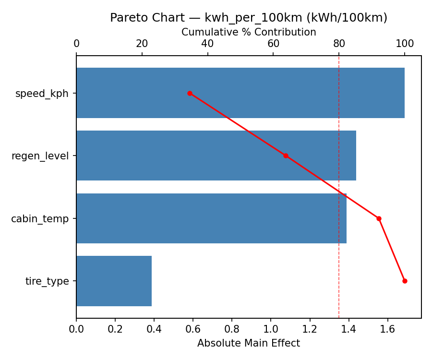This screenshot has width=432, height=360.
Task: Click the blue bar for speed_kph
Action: pyautogui.click(x=240, y=93)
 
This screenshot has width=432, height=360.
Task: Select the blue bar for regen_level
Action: pyautogui.click(x=216, y=156)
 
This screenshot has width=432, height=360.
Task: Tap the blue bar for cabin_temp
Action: pyautogui.click(x=211, y=218)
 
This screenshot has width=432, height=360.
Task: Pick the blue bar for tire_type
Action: pyautogui.click(x=114, y=281)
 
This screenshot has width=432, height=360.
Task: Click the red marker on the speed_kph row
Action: pyautogui.click(x=190, y=93)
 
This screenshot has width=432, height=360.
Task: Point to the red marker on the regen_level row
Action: pyautogui.click(x=286, y=156)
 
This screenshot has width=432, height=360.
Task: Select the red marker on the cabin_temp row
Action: pyautogui.click(x=379, y=218)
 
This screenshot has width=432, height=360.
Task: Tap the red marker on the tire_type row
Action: pyautogui.click(x=405, y=281)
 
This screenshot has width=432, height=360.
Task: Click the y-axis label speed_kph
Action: pyautogui.click(x=42, y=94)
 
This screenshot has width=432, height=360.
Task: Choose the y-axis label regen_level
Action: pyautogui.click(x=40, y=156)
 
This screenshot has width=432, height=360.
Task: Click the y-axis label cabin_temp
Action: pyautogui.click(x=40, y=219)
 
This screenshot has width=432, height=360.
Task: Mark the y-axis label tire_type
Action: pyautogui.click(x=47, y=281)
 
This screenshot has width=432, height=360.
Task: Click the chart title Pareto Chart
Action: pyautogui.click(x=249, y=18)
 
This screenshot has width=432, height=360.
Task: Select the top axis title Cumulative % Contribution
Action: pyautogui.click(x=249, y=32)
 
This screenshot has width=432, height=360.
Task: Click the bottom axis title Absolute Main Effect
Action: pyautogui.click(x=249, y=343)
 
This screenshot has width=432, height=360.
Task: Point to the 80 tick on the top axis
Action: pyautogui.click(x=339, y=44)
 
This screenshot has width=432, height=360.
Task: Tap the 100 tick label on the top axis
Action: pyautogui.click(x=405, y=44)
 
